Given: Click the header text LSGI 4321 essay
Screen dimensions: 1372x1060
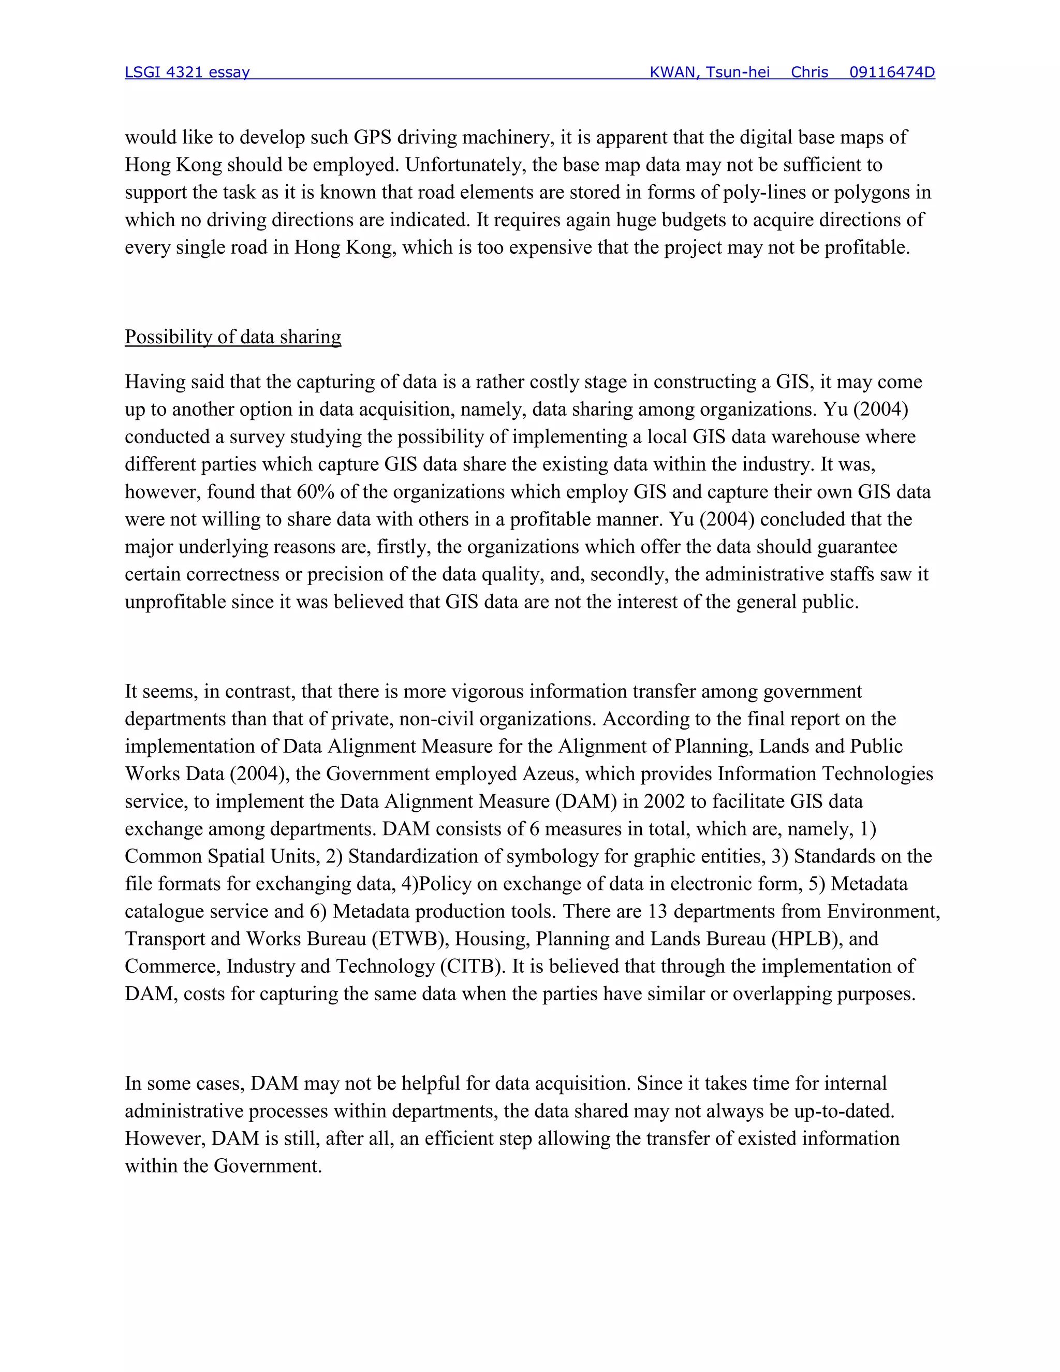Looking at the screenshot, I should (187, 72).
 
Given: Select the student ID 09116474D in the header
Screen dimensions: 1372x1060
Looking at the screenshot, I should (892, 72).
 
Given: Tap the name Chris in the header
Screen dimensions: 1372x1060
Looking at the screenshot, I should (809, 72).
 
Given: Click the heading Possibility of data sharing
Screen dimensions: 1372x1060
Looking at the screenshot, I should (233, 337).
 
